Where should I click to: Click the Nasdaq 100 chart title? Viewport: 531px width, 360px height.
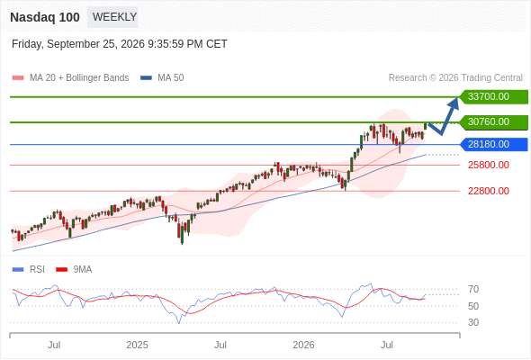pos(45,17)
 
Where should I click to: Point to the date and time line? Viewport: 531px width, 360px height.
pos(119,44)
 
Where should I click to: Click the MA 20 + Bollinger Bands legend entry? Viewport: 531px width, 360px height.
pos(70,78)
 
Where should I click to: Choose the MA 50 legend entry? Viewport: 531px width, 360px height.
pos(162,78)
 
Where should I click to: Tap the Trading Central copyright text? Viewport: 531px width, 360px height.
pos(455,78)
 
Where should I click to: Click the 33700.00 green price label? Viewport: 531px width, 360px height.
pos(494,97)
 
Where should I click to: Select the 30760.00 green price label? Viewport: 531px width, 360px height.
pos(494,121)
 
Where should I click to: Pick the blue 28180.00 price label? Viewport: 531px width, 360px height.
pos(494,145)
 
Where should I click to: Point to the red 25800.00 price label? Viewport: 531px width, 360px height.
pos(489,166)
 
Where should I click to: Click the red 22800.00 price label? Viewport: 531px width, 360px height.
pos(489,192)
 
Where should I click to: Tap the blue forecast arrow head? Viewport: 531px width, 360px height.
pos(454,103)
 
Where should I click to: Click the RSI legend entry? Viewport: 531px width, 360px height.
pos(28,270)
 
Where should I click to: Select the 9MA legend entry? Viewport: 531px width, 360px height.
pos(74,270)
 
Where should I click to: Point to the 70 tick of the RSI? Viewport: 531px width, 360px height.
pos(473,289)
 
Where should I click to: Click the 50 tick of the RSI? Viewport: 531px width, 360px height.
pos(473,306)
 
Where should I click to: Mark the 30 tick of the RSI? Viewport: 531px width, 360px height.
pos(473,322)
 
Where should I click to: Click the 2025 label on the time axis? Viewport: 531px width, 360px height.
pos(137,345)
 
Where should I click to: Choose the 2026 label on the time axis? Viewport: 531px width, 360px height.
pos(303,345)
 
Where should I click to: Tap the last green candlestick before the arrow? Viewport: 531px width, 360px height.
pos(426,126)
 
